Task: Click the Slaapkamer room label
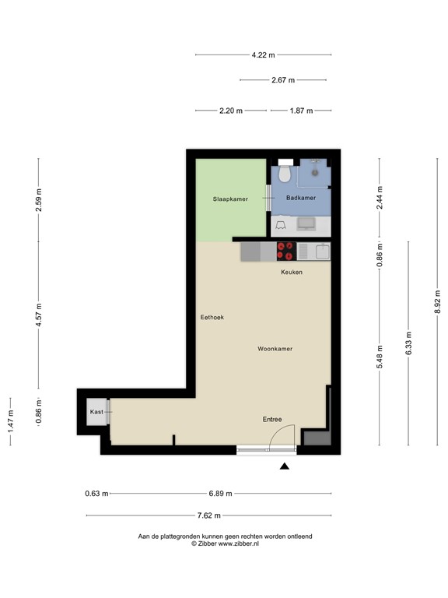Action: tap(230, 199)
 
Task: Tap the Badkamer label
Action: tap(301, 199)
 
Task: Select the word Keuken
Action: tap(292, 272)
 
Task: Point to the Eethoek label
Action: tap(212, 317)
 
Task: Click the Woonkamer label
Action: tap(275, 349)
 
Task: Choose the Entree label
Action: tap(271, 420)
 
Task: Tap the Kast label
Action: tap(96, 411)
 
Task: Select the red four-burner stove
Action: tap(285, 251)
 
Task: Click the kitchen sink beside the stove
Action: tap(304, 251)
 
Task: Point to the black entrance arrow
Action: tap(285, 466)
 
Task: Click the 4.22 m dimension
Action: tap(263, 55)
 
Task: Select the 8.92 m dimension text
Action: tap(438, 301)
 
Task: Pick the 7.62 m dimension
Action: tap(208, 515)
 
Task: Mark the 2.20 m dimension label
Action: tap(231, 111)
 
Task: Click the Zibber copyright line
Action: tap(225, 544)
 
